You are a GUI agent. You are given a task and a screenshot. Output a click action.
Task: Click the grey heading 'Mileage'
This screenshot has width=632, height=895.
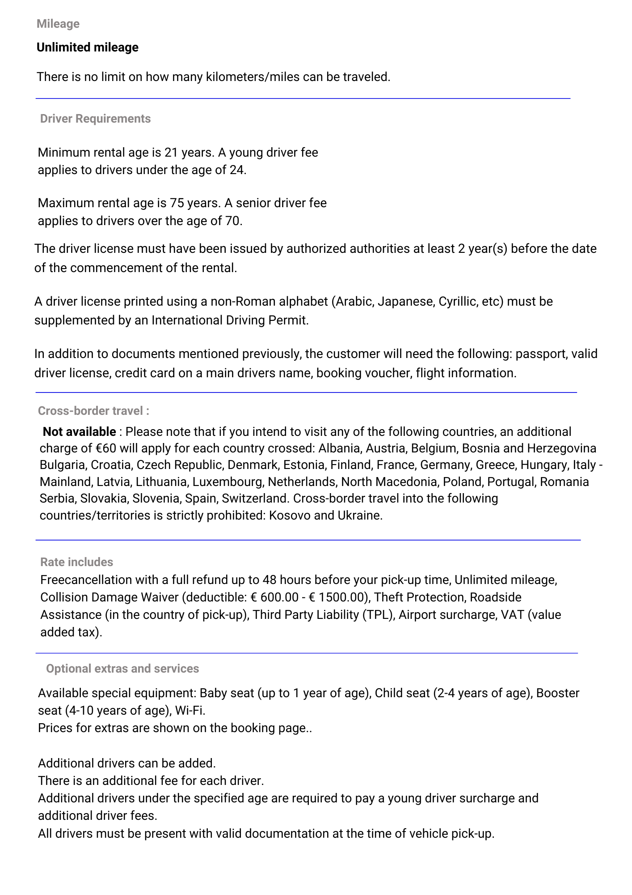tap(58, 24)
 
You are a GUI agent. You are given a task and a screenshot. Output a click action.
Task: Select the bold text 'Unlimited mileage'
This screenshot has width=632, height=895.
tap(87, 47)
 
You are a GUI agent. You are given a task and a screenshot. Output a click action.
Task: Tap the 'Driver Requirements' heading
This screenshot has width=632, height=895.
tap(95, 119)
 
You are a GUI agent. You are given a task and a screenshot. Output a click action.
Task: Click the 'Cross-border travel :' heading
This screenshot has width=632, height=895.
tap(93, 411)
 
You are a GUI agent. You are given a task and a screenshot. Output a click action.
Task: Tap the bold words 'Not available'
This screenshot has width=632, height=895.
tap(79, 432)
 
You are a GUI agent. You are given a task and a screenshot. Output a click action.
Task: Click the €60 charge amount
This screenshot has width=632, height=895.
tap(106, 448)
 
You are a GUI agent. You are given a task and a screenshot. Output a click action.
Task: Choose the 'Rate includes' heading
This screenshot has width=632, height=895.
tap(76, 562)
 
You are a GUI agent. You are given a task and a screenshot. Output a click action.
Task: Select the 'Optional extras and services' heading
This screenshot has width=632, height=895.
tap(122, 669)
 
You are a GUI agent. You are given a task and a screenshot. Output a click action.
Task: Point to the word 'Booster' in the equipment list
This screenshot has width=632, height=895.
tap(557, 693)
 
